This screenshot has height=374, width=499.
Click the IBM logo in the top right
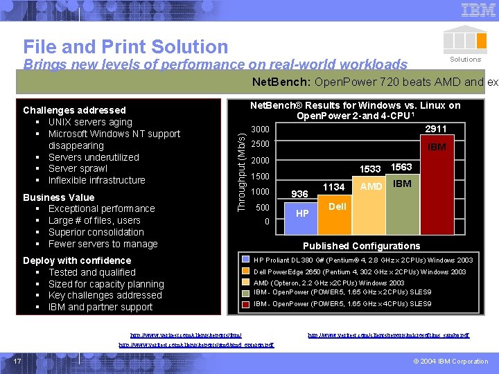coord(478,10)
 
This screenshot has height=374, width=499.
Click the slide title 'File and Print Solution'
coord(125,46)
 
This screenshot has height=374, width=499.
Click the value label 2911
coord(436,129)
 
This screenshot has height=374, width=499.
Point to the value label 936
coord(299,194)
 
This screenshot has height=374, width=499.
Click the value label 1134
coord(334,186)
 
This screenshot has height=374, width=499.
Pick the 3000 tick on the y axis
coord(260,130)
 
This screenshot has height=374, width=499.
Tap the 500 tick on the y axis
coord(263,208)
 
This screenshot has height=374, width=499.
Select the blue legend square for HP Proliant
coord(247,260)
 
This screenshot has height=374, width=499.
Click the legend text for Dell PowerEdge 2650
coord(360,272)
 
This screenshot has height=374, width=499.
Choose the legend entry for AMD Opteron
coord(329,283)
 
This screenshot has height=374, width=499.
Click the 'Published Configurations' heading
coord(361,246)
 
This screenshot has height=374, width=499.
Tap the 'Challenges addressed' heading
coord(74,110)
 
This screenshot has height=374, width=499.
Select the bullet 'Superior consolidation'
coord(96,232)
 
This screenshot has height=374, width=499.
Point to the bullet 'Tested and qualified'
coord(91,272)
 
